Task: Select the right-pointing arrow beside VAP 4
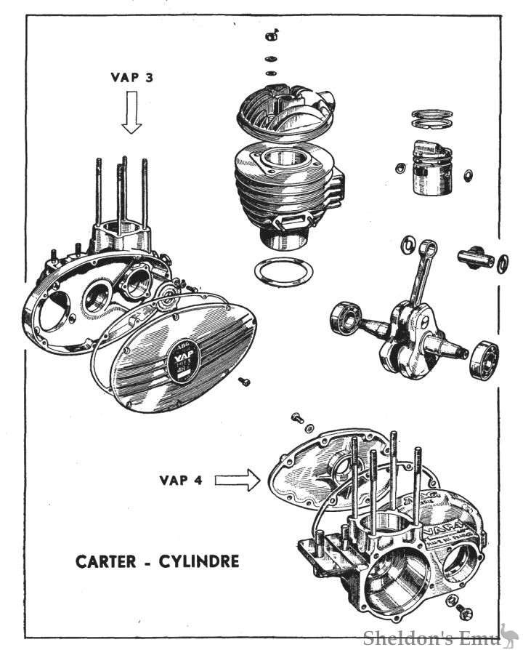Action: pos(237,480)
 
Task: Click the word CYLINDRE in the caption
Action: pos(200,562)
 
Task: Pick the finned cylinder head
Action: pos(284,109)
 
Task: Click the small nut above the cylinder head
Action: pos(272,34)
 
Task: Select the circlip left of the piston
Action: pos(399,169)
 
